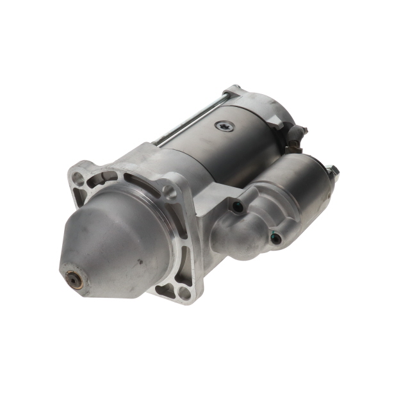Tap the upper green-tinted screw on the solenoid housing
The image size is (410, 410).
238,206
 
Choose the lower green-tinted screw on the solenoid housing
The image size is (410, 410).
277,239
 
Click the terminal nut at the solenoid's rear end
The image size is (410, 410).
332,170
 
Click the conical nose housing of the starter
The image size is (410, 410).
115,243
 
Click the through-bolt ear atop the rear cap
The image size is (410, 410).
233,91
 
